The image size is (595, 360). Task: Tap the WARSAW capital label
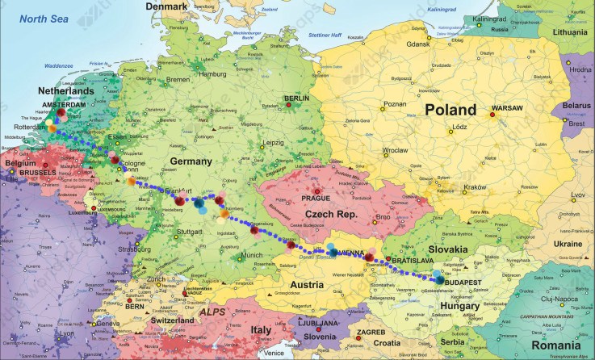point(504,107)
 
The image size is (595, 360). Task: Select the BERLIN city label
point(296,98)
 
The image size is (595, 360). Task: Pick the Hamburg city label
point(213,74)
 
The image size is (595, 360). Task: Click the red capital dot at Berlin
point(287,105)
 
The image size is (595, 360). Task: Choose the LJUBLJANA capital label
point(318,323)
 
